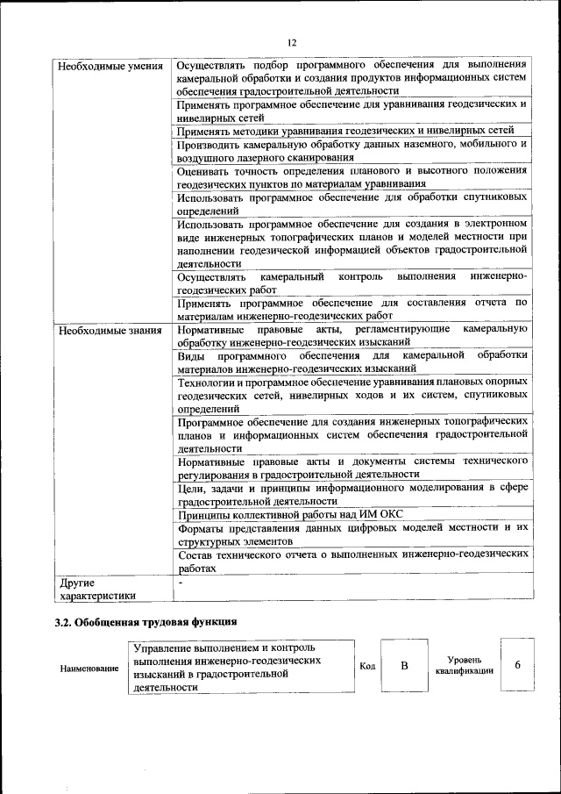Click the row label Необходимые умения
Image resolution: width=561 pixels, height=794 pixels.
pyautogui.click(x=108, y=66)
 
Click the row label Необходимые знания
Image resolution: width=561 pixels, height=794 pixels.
pyautogui.click(x=109, y=330)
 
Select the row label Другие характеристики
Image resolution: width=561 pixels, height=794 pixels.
pyautogui.click(x=96, y=589)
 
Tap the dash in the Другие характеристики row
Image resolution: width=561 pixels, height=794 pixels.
pyautogui.click(x=180, y=582)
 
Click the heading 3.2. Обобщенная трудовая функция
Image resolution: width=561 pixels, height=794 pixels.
pyautogui.click(x=139, y=621)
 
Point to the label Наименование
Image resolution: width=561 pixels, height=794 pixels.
pyautogui.click(x=89, y=669)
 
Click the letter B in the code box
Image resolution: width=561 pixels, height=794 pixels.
pyautogui.click(x=405, y=665)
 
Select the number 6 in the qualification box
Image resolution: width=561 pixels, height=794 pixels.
pyautogui.click(x=518, y=665)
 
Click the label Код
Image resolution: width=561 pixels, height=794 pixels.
pyautogui.click(x=367, y=667)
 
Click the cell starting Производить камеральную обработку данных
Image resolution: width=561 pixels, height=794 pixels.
pyautogui.click(x=352, y=149)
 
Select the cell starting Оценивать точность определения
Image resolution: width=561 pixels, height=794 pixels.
pyautogui.click(x=352, y=176)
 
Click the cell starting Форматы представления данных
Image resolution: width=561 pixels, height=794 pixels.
pyautogui.click(x=352, y=534)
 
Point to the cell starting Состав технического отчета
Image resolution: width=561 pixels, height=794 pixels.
pyautogui.click(x=352, y=561)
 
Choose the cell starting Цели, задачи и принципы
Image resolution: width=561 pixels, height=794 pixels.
pyautogui.click(x=352, y=494)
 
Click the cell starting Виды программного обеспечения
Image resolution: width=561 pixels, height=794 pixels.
pyautogui.click(x=352, y=361)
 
